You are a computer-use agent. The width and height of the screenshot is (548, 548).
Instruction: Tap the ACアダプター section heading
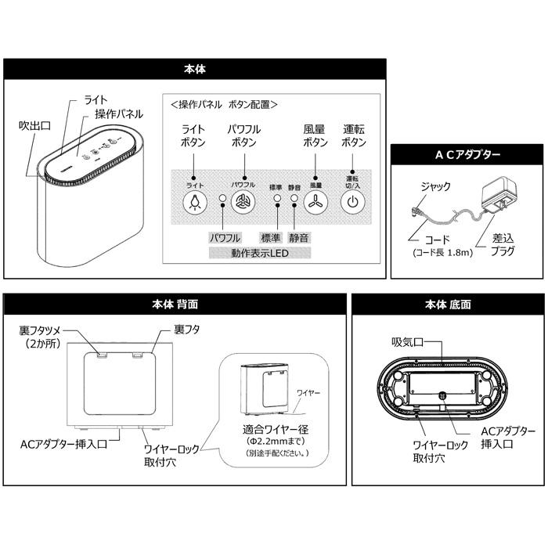point(468,155)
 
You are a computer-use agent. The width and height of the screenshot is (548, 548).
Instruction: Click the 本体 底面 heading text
point(448,304)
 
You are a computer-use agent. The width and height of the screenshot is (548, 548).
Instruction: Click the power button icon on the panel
point(352,201)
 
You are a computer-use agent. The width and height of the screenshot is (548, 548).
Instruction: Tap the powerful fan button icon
point(243,201)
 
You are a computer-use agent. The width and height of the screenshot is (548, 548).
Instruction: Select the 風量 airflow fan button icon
point(315,201)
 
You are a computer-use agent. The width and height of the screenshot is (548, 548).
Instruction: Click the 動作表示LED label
point(259,254)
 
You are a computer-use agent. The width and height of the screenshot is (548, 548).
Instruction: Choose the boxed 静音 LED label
point(298,237)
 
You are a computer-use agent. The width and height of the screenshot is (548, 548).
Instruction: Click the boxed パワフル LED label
point(225,237)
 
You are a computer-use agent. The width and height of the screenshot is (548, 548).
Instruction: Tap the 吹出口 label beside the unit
point(36,126)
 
